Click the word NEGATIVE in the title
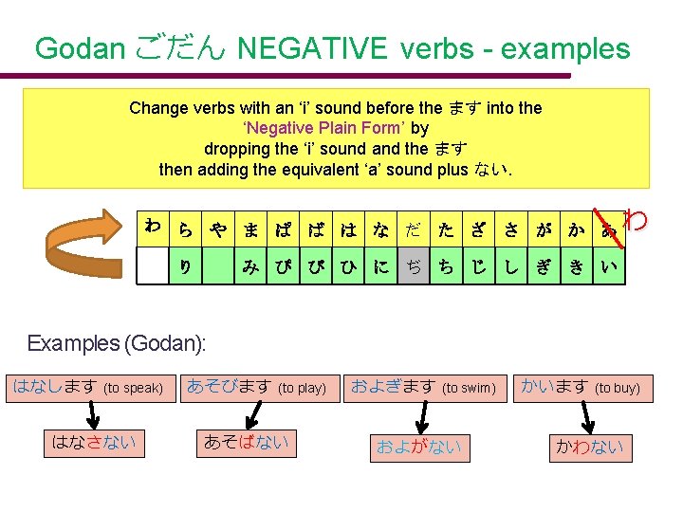tap(314, 48)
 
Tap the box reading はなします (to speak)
tap(88, 387)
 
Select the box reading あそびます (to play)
tap(256, 387)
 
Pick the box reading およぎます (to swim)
tap(423, 387)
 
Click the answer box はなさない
tap(94, 441)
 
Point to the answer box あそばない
tap(246, 441)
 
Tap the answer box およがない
tap(418, 447)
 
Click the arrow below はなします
tap(93, 414)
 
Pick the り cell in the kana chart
tap(186, 267)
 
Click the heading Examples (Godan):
tap(117, 343)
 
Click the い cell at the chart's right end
tap(609, 267)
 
